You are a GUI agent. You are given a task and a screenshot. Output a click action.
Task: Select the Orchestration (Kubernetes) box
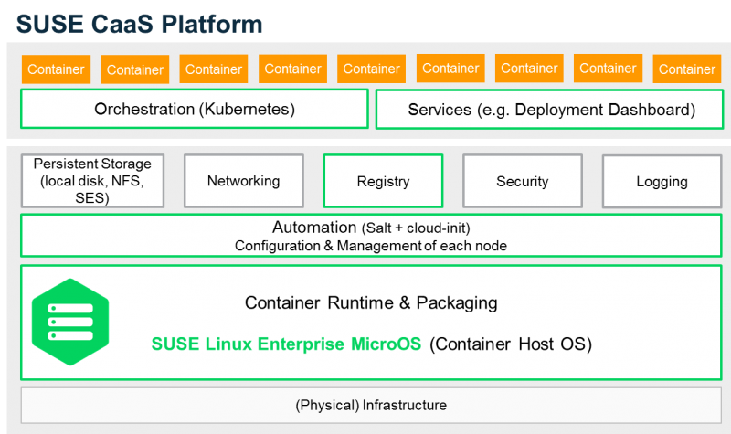[x=194, y=109]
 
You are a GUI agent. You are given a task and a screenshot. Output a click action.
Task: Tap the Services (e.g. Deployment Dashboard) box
[x=551, y=110]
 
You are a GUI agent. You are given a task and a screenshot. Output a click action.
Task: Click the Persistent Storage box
[x=91, y=181]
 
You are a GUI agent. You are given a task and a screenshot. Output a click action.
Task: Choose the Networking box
[x=243, y=181]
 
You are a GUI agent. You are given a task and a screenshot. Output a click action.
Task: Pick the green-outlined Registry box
[x=383, y=181]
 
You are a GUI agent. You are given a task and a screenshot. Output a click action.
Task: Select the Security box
[x=522, y=181]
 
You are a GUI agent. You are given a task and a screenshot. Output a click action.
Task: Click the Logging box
[x=662, y=181]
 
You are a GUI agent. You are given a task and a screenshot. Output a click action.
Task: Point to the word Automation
[x=314, y=228]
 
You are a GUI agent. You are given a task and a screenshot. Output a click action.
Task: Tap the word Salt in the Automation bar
[x=376, y=228]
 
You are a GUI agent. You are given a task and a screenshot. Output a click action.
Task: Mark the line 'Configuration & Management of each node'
[x=370, y=246]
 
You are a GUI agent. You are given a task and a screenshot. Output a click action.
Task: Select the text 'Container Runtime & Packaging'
[x=371, y=302]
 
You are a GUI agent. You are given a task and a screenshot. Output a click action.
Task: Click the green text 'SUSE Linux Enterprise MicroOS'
[x=286, y=344]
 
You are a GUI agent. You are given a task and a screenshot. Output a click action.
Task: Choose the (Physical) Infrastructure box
[x=371, y=405]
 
